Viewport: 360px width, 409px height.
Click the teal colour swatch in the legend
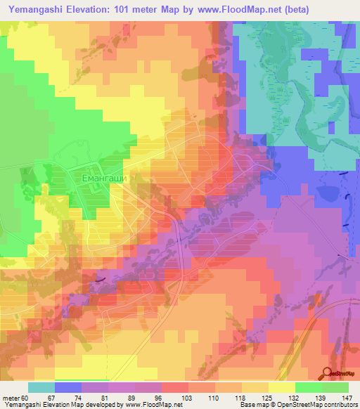point(41,387)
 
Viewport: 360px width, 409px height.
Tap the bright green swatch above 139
point(308,387)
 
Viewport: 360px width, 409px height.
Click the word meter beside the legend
point(11,398)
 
